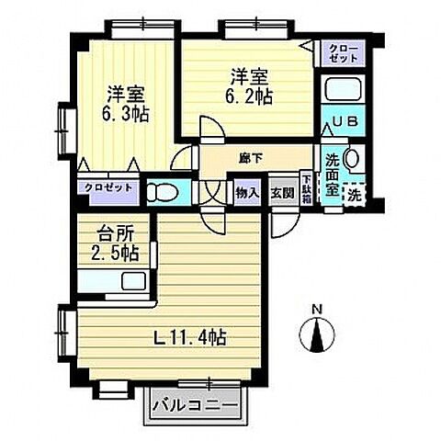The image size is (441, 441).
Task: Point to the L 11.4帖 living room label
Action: coord(191,336)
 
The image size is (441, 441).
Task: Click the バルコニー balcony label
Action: coord(195,403)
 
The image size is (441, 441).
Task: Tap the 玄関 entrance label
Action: coord(281,193)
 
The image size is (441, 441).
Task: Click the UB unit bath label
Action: coord(342,121)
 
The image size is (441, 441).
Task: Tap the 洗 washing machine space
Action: coord(354,194)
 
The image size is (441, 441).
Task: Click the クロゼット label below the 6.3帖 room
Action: coord(108,187)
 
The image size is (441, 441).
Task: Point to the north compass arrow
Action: coord(316,335)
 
